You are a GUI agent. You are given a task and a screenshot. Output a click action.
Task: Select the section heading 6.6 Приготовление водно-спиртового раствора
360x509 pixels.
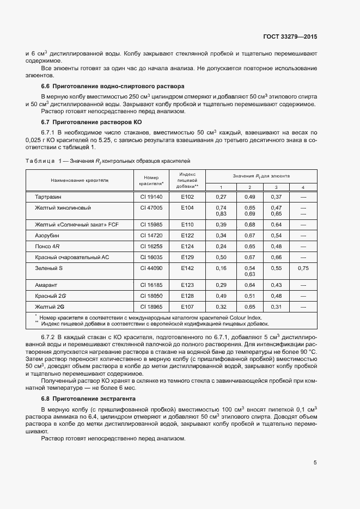coord(113,86)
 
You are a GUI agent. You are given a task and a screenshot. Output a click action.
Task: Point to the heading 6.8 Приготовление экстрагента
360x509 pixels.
coord(88,399)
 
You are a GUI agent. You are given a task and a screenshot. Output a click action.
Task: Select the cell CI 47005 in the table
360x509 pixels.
coord(151,208)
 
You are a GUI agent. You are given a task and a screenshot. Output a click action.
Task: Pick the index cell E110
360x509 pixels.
coord(187,224)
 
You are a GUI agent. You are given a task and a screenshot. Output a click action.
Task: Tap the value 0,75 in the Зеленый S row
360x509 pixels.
coord(303,268)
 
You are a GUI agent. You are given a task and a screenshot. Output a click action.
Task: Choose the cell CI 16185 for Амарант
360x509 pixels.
coord(151,285)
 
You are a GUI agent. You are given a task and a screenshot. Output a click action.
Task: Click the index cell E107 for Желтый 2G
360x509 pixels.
coord(187,306)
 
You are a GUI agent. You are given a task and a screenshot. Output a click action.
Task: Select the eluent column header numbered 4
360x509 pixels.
coord(303,187)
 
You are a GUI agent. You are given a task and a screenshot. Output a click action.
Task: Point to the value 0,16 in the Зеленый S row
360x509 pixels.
coord(221,268)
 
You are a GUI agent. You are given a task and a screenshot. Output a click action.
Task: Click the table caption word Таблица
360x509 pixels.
coord(40,161)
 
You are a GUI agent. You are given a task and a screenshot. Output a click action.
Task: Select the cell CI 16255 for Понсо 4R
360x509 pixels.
coord(151,246)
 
